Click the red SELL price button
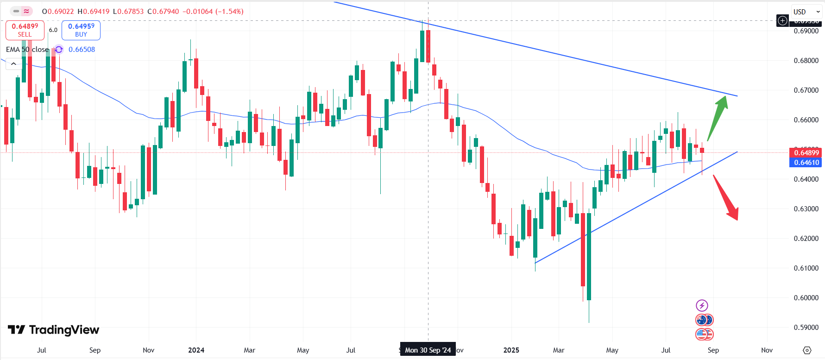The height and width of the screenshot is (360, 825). click(25, 30)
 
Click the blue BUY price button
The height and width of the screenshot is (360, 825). click(81, 30)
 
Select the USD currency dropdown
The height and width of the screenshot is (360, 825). click(806, 12)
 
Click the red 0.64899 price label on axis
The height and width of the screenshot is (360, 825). click(806, 152)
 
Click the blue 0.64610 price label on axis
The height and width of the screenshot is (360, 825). click(806, 162)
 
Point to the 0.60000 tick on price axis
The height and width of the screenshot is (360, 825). click(806, 298)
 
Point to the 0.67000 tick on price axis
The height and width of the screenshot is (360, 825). click(806, 90)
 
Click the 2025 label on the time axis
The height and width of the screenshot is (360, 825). click(511, 350)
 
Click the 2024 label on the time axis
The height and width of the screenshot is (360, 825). click(196, 350)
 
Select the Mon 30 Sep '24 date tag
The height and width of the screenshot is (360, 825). click(428, 350)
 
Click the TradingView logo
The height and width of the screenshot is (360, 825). click(54, 330)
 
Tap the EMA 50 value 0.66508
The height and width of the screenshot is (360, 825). click(82, 50)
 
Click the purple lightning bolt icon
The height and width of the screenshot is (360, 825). click(702, 305)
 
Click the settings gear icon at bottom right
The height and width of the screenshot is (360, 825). click(807, 350)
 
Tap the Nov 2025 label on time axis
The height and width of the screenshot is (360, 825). click(767, 350)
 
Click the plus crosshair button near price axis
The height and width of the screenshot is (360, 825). click(782, 20)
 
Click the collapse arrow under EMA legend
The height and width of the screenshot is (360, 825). click(13, 64)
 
